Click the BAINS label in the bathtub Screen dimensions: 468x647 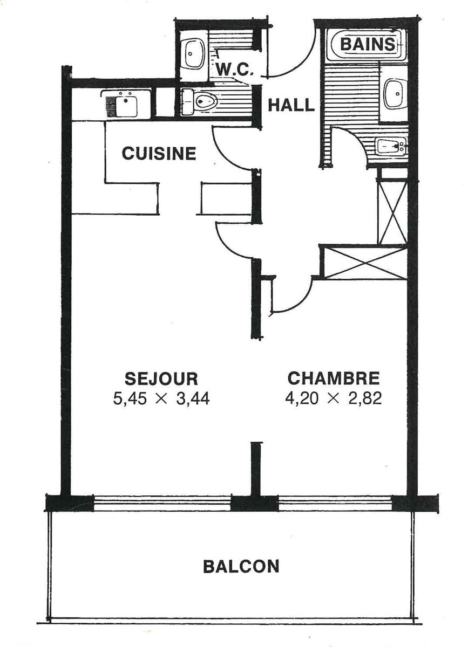pyautogui.click(x=368, y=45)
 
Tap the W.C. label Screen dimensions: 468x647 pyautogui.click(x=235, y=70)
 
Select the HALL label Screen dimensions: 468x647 pyautogui.click(x=291, y=105)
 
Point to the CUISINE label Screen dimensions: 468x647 pyautogui.click(x=159, y=153)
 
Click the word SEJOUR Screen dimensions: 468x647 pyautogui.click(x=161, y=378)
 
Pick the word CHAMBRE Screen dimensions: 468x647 pyautogui.click(x=334, y=378)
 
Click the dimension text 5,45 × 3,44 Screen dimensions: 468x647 pyautogui.click(x=161, y=400)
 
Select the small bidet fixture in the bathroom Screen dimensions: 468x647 pyautogui.click(x=391, y=146)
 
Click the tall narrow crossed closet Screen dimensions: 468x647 pyautogui.click(x=392, y=212)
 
